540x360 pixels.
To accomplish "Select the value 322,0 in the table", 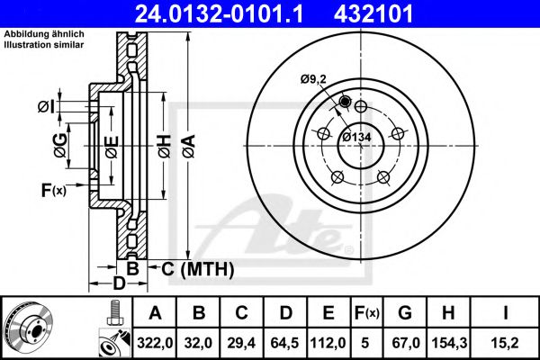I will (155, 341).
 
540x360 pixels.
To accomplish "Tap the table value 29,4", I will (241, 341).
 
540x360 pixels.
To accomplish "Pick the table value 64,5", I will (285, 341).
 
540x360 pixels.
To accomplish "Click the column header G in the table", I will (405, 313).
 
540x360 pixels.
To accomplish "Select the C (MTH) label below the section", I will (197, 268).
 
